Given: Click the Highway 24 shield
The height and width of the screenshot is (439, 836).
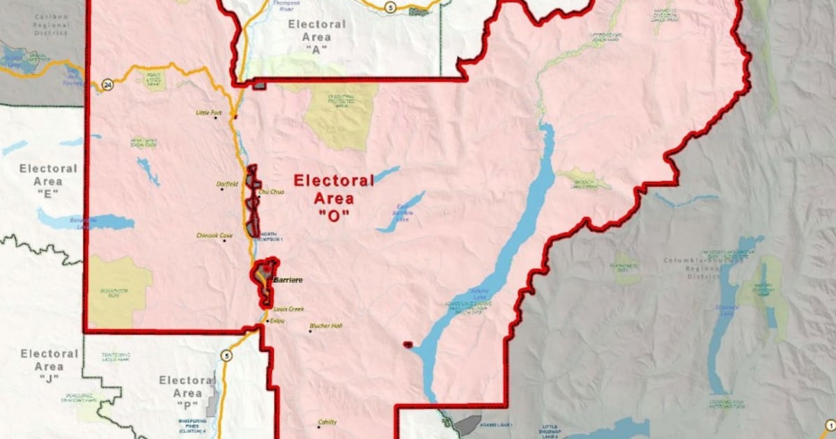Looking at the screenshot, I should click(x=107, y=84).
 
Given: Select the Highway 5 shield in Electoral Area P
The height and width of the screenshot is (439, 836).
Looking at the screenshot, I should click(x=225, y=356).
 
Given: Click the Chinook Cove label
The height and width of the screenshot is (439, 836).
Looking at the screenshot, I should click(x=214, y=236).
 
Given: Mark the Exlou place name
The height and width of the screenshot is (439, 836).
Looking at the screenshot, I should click(x=277, y=321).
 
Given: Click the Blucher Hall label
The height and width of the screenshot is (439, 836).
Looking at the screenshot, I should click(x=326, y=325).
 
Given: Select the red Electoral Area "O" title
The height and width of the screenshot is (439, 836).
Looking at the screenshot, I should click(x=334, y=198).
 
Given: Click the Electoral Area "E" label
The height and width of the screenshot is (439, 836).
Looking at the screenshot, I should click(x=48, y=180).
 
